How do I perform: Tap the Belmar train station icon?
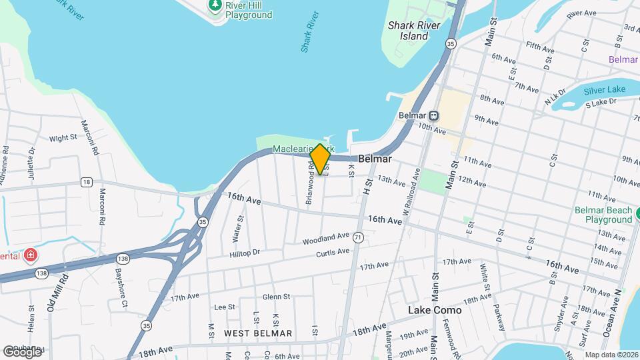pos(434,115)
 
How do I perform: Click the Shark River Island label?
pos(409,31)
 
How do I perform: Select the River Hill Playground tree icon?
pos(215,5)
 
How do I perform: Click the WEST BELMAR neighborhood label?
pos(258,333)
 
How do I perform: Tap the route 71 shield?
pos(358,237)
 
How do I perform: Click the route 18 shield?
pos(86,181)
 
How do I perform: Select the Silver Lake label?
pos(604,91)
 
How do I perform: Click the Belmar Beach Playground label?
pos(603,215)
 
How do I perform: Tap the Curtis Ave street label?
pos(333,253)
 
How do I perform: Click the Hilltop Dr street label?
pos(244,253)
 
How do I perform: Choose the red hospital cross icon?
pos(29,255)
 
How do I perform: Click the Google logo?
pos(22,351)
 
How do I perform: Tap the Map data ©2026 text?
pos(611,355)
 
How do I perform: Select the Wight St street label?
pos(63,139)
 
